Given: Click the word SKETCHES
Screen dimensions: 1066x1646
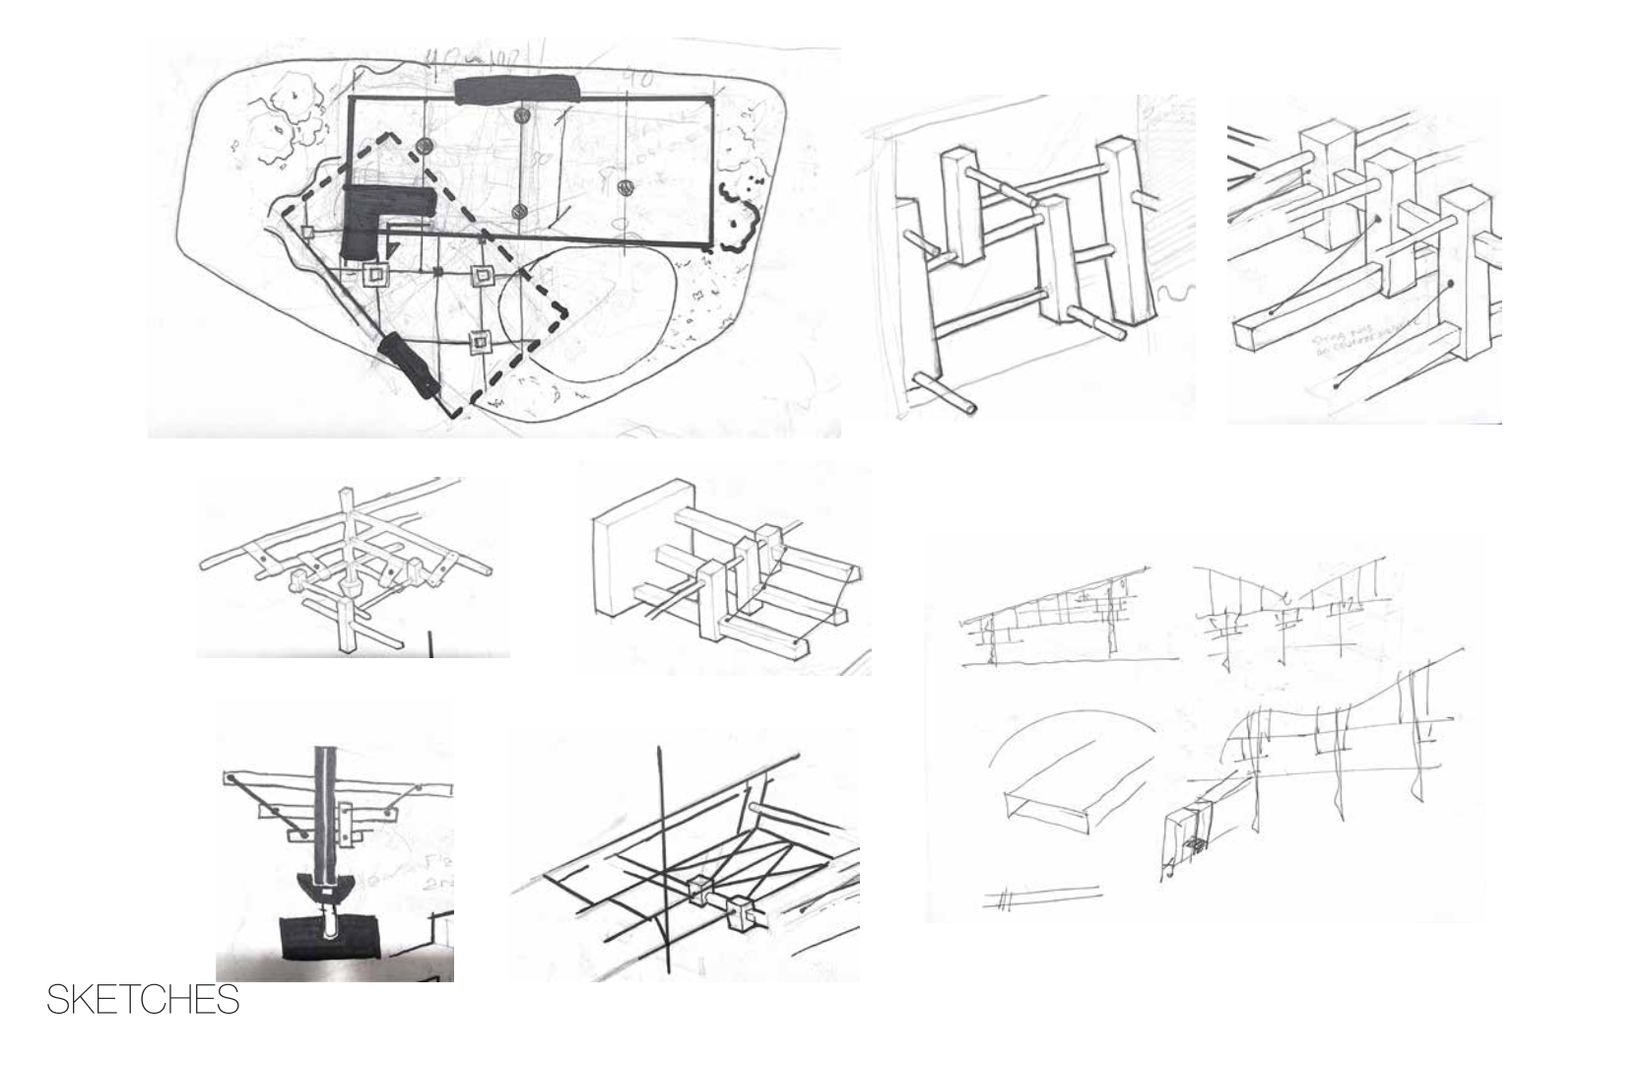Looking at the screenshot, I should (x=143, y=1000).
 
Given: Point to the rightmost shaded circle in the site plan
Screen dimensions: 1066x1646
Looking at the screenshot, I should (x=624, y=187).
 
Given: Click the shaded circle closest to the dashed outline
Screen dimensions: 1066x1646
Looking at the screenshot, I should (x=426, y=146).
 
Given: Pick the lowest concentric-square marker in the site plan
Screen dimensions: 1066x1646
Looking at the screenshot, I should (x=480, y=342).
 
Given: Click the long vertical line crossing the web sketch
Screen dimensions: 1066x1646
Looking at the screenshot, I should (x=662, y=857).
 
